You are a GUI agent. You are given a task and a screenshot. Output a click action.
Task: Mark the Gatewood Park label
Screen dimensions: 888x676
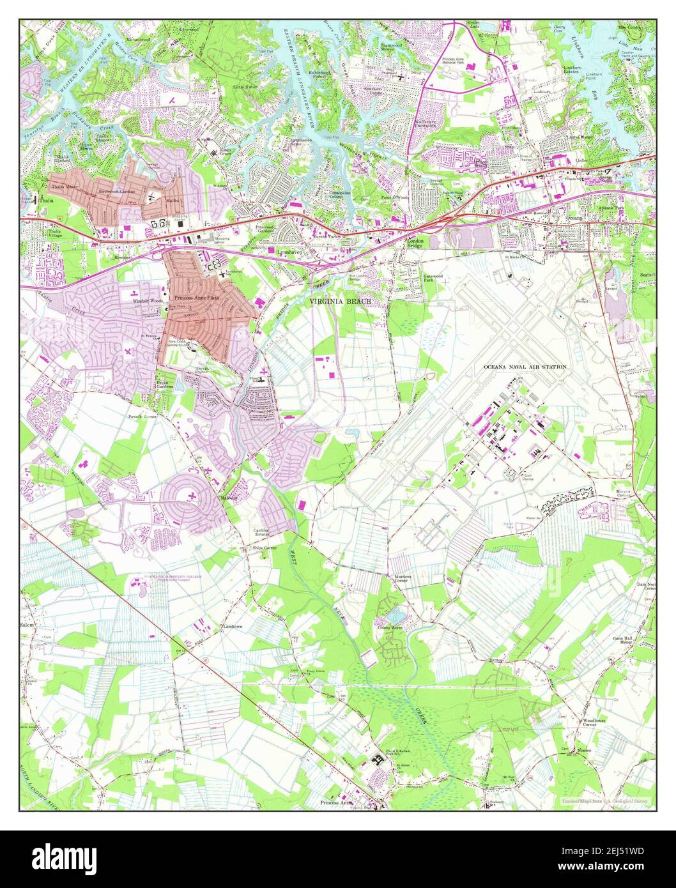pyautogui.click(x=434, y=279)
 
